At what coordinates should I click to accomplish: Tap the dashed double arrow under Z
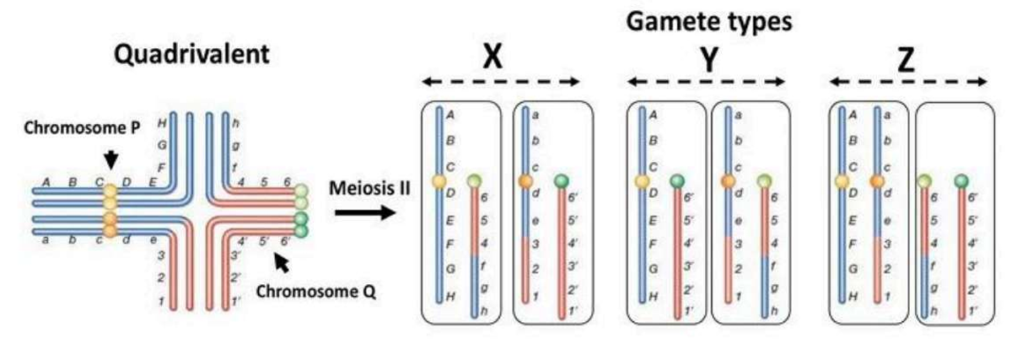point(907,82)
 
